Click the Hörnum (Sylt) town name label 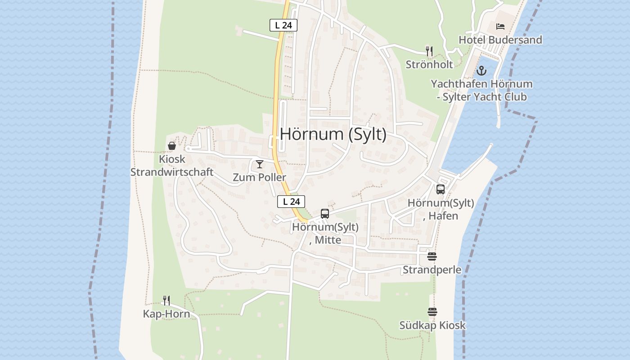pos(333,135)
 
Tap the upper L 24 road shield pos(283,25)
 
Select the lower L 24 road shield pos(291,202)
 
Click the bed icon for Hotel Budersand pos(500,27)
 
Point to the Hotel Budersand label pos(500,40)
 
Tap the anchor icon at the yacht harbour pos(481,71)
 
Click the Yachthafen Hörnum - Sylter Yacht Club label pos(481,90)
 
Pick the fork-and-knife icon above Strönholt pos(429,51)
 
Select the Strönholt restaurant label pos(429,64)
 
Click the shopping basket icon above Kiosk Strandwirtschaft pos(172,146)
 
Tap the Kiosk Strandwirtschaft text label pos(172,166)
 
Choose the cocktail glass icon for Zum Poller pos(260,164)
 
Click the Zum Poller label pos(260,177)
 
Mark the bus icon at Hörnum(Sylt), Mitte pos(325,214)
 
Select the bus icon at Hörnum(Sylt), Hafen pos(441,189)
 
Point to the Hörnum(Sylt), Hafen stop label pos(441,209)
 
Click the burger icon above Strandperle pos(432,256)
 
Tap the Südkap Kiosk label pos(432,325)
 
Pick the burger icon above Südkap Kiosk pos(432,312)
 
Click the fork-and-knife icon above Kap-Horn pos(166,300)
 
